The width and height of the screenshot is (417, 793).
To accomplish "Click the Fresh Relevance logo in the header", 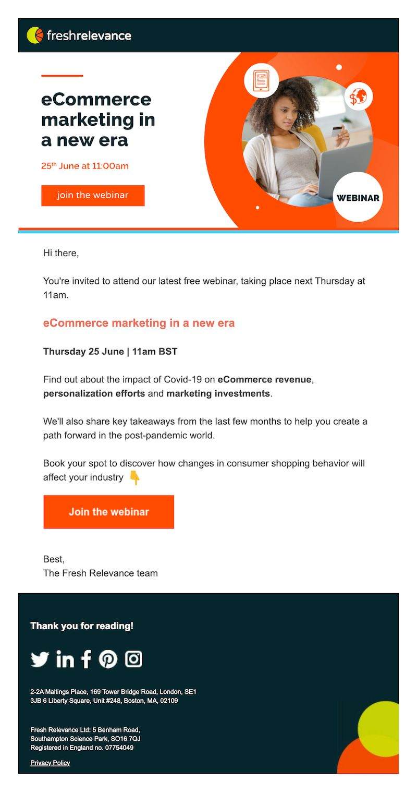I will pos(79,35).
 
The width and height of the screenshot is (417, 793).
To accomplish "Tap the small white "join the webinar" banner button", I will pos(93,196).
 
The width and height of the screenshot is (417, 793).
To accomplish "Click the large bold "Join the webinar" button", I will pos(108,512).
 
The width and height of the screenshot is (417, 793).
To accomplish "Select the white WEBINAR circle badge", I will pos(358,198).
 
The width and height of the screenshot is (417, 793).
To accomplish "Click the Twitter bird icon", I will pos(40,659).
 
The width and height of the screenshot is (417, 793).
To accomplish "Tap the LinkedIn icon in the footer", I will pos(65,659).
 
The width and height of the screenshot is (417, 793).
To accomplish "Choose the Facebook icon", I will pos(87,659).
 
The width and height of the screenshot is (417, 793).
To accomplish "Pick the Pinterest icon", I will pos(108,659).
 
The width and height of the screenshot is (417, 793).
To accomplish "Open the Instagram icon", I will pos(133,659).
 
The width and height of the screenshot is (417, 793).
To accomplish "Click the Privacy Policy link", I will pos(50,763).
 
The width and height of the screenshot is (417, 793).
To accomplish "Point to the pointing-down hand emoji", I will pos(134,478).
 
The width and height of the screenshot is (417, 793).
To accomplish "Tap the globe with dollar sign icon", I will pos(358,97).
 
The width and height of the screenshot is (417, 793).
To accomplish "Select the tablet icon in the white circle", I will pos(261,81).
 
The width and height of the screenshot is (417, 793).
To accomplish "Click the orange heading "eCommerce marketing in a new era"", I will pos(139,323).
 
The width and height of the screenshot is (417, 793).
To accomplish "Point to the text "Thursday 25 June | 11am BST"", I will pos(110,352).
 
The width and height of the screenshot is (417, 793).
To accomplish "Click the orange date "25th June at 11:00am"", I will pos(84,166).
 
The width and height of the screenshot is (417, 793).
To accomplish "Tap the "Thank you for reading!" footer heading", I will pos(82,626).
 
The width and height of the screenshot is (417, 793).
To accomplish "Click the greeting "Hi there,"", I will pos(61,254).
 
